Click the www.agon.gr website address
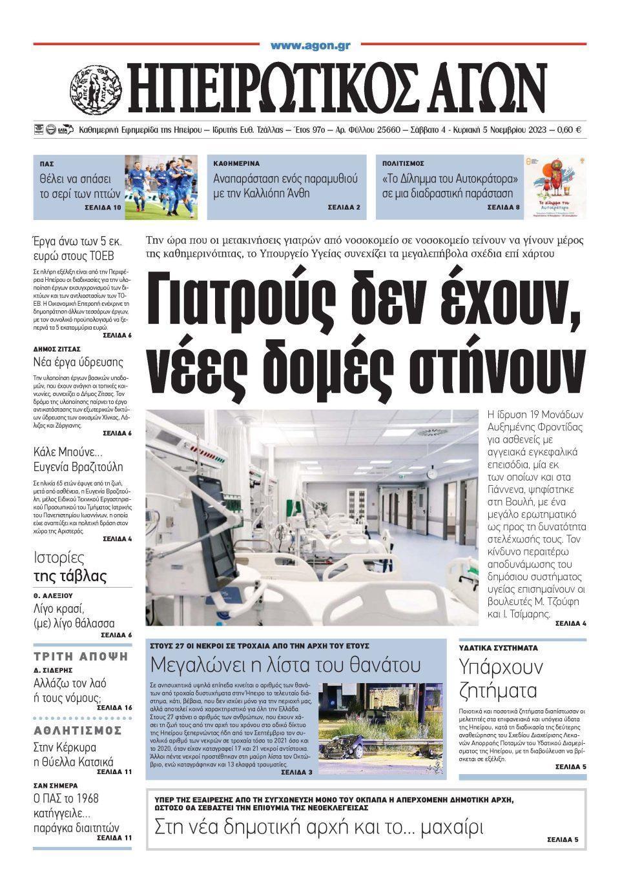click(309, 45)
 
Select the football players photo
click(161, 187)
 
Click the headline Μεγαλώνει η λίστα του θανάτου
click(285, 664)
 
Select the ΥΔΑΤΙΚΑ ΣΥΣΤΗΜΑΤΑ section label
click(498, 647)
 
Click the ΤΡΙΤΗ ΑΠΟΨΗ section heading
click(81, 657)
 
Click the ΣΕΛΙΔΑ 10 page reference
click(102, 208)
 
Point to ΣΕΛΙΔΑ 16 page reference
click(114, 708)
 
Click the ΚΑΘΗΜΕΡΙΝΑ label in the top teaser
click(236, 164)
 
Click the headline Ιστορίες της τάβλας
click(70, 567)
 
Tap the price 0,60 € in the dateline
click(568, 130)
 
